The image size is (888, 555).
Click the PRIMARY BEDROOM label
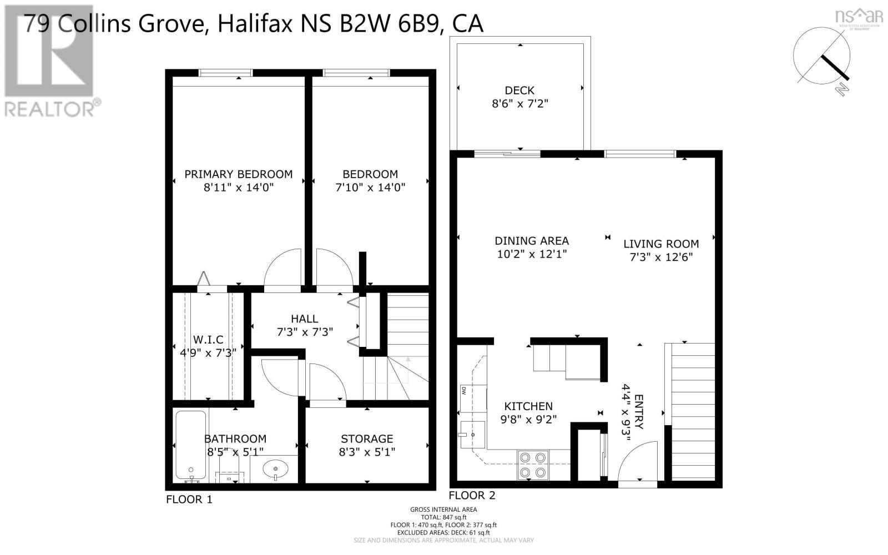(x=238, y=174)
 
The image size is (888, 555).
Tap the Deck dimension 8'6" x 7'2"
(x=519, y=104)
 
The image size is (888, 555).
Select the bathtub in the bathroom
(x=190, y=445)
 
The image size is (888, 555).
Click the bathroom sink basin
(x=275, y=470)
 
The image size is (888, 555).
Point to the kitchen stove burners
(x=532, y=465)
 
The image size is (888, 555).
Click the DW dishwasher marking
(x=463, y=390)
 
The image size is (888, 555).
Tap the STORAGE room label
(x=366, y=438)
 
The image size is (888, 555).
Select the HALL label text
(x=304, y=319)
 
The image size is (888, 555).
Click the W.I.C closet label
(x=208, y=339)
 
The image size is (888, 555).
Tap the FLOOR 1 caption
(x=189, y=500)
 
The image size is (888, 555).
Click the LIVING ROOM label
(x=660, y=244)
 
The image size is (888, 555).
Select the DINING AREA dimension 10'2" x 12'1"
(x=531, y=254)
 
